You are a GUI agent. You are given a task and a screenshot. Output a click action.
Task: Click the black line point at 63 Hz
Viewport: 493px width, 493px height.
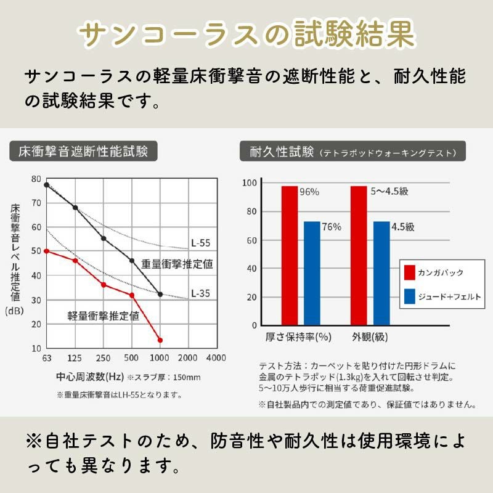click(x=46, y=184)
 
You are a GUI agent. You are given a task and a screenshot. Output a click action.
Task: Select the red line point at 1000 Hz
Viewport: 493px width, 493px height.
click(x=160, y=340)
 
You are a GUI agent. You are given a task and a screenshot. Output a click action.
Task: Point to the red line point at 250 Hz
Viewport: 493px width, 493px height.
click(x=104, y=285)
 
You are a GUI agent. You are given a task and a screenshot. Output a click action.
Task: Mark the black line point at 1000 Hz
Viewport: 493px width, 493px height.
click(x=160, y=294)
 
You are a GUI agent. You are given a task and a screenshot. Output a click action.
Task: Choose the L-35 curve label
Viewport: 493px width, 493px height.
click(x=200, y=293)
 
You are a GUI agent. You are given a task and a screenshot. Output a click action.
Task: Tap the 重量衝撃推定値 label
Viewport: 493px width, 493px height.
click(x=177, y=264)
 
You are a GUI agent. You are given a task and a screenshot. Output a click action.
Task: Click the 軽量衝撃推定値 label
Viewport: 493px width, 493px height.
click(x=103, y=316)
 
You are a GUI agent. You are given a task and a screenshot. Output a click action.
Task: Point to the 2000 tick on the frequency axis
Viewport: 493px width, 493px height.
click(x=187, y=358)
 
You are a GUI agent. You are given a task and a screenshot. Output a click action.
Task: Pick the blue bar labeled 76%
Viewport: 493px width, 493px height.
click(x=312, y=272)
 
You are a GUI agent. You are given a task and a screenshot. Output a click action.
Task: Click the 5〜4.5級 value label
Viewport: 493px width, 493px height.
click(x=389, y=192)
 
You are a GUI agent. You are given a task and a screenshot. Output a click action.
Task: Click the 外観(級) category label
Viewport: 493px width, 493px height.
click(x=370, y=337)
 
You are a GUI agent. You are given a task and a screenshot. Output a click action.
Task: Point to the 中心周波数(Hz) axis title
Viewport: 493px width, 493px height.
click(x=90, y=377)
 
